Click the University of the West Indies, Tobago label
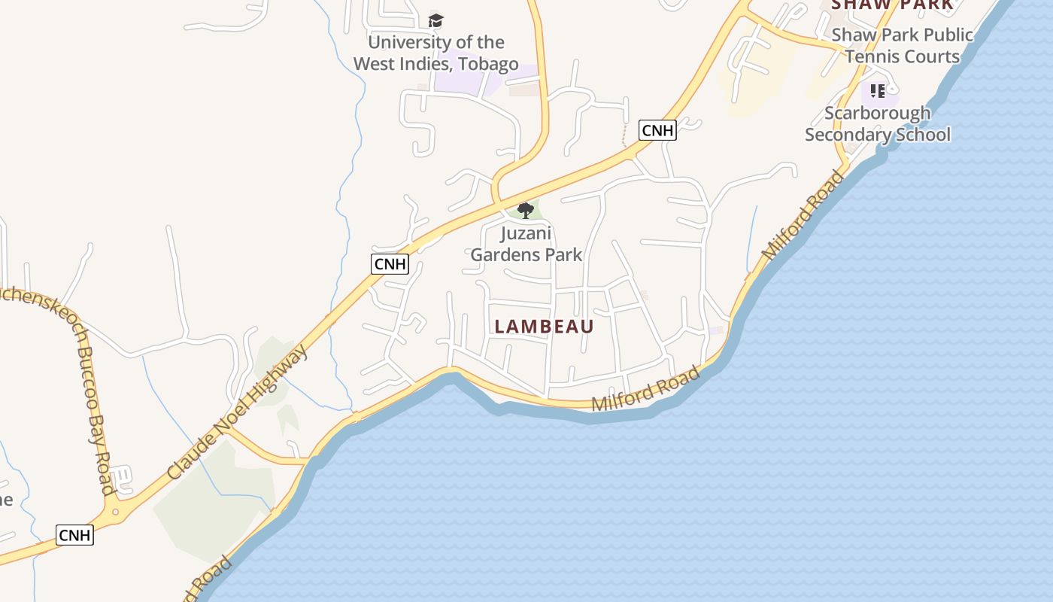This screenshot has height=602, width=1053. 435,53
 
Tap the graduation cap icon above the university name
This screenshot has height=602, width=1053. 435,20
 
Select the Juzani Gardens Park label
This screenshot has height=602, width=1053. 526,244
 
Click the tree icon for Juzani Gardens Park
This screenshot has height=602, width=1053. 526,210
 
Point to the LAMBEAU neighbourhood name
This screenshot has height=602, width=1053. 545,327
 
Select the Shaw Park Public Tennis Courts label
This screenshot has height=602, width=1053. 902,45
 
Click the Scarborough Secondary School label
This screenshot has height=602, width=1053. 878,123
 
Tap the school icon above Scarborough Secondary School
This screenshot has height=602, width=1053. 877,91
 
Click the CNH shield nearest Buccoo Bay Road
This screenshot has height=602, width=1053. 74,535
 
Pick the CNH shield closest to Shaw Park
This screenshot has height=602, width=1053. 657,130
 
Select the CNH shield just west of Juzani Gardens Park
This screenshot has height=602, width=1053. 390,264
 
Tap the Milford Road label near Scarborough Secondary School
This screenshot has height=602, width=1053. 803,216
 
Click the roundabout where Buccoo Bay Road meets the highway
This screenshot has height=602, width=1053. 115,512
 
